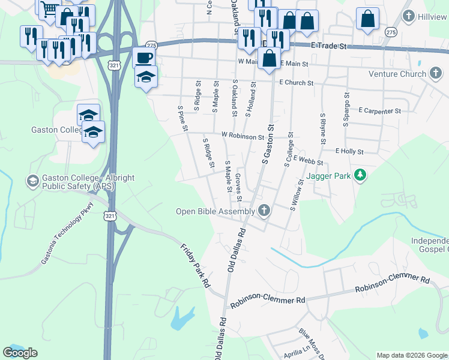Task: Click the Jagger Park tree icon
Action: click(x=360, y=176)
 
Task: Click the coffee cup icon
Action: click(x=143, y=58)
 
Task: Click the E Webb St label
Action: click(x=309, y=161)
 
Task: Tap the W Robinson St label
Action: click(x=243, y=136)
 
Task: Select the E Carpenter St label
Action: click(x=379, y=111)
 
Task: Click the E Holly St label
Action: click(x=349, y=152)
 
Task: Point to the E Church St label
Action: click(x=296, y=83)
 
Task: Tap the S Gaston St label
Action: click(x=268, y=145)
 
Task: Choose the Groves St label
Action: click(x=238, y=187)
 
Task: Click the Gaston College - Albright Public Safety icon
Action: click(x=32, y=181)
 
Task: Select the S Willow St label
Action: click(x=297, y=196)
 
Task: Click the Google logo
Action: click(x=20, y=353)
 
